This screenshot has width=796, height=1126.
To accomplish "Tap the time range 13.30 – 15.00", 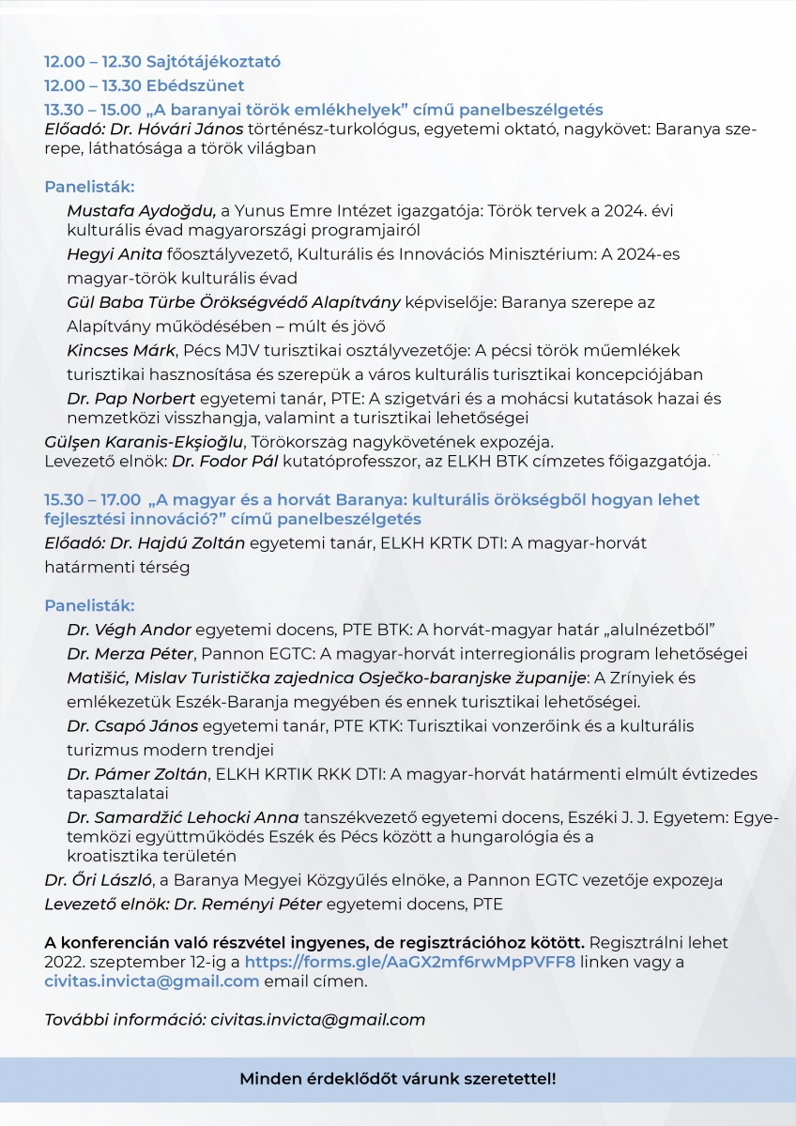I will (x=93, y=110).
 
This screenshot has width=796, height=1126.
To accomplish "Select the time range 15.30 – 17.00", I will (x=93, y=500).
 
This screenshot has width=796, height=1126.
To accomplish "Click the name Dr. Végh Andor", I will (x=129, y=629).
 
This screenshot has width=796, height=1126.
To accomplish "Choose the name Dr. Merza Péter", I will (x=130, y=653).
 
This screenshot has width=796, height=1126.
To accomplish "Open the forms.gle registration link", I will (x=409, y=963).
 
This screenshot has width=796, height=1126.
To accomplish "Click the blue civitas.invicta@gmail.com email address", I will (x=152, y=981).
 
